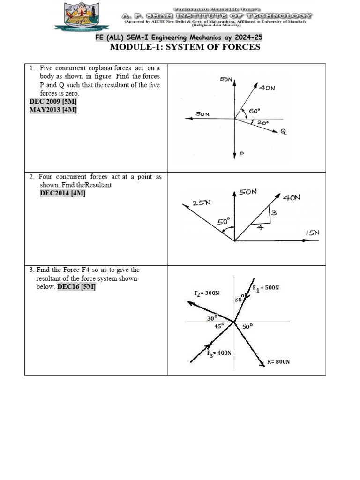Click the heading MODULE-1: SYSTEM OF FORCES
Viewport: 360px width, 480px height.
pyautogui.click(x=185, y=47)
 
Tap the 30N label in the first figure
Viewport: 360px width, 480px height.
pyautogui.click(x=203, y=114)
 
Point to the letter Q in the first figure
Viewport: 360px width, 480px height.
pyautogui.click(x=283, y=132)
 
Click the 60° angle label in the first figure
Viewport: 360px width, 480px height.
pyautogui.click(x=254, y=111)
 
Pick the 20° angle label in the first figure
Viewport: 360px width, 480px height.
pyautogui.click(x=263, y=123)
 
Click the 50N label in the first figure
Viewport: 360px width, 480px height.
pyautogui.click(x=226, y=80)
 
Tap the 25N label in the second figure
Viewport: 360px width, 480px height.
pyautogui.click(x=202, y=202)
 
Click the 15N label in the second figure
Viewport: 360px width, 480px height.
pyautogui.click(x=312, y=233)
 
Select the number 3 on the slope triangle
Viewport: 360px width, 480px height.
pyautogui.click(x=274, y=213)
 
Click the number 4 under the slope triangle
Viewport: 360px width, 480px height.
pyautogui.click(x=261, y=227)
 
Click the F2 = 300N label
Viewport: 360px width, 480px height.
pyautogui.click(x=206, y=293)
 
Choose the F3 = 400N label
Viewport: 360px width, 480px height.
pyautogui.click(x=219, y=352)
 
